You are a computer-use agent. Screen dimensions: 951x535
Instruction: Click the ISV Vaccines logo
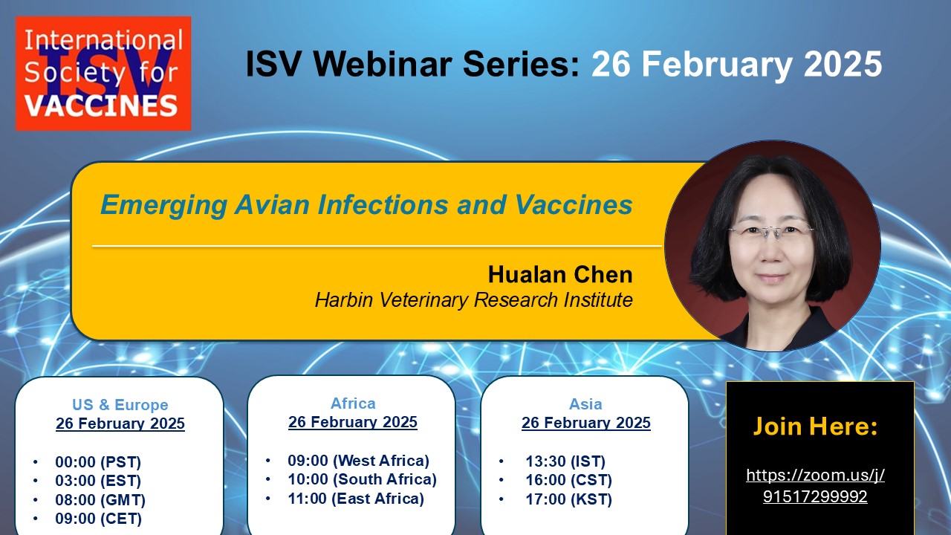(103, 74)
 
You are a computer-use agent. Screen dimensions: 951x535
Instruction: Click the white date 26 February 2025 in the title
(737, 64)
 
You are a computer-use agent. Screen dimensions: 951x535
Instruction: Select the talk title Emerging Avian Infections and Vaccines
(366, 205)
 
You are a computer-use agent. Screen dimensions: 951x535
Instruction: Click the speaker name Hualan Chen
(560, 274)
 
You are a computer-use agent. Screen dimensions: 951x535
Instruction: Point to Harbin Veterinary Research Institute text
(474, 299)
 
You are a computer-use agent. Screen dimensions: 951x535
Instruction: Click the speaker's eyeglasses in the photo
(770, 231)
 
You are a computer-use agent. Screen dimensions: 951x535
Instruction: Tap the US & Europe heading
(120, 405)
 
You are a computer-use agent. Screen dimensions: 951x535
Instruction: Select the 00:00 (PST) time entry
(98, 462)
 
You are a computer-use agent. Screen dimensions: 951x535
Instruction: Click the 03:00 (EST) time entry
(98, 481)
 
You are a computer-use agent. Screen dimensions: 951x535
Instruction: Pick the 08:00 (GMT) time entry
(100, 500)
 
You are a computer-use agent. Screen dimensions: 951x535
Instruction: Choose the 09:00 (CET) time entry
(99, 519)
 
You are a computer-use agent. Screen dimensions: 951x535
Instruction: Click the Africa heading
(353, 403)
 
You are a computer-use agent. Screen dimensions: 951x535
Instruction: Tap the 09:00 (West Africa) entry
(359, 460)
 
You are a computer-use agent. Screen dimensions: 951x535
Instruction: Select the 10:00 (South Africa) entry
(362, 479)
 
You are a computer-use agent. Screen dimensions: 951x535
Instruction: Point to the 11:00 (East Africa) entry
(356, 499)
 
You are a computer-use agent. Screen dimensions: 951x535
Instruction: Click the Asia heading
(585, 403)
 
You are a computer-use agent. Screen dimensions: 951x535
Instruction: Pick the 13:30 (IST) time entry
(565, 461)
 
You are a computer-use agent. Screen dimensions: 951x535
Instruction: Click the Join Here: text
(815, 426)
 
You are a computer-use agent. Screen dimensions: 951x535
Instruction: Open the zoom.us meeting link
(815, 485)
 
